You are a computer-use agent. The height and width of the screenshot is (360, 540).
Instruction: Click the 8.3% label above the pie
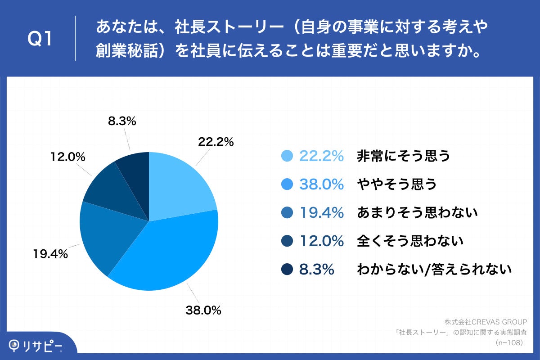pos(122,121)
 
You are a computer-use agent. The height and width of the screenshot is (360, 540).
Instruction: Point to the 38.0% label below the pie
pos(203,310)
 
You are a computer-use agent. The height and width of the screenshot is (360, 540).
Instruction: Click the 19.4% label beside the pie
pos(50,254)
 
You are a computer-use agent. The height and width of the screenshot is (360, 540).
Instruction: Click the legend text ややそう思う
pos(397,184)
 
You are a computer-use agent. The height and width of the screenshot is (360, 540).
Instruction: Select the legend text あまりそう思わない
pos(417,212)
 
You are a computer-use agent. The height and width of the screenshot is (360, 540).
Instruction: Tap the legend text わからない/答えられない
pos(434,270)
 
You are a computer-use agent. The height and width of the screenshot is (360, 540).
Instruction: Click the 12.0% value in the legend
pos(321,241)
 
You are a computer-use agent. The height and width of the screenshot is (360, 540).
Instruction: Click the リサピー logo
pos(36,346)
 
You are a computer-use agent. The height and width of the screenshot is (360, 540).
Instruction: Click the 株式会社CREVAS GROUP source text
pos(485,322)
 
